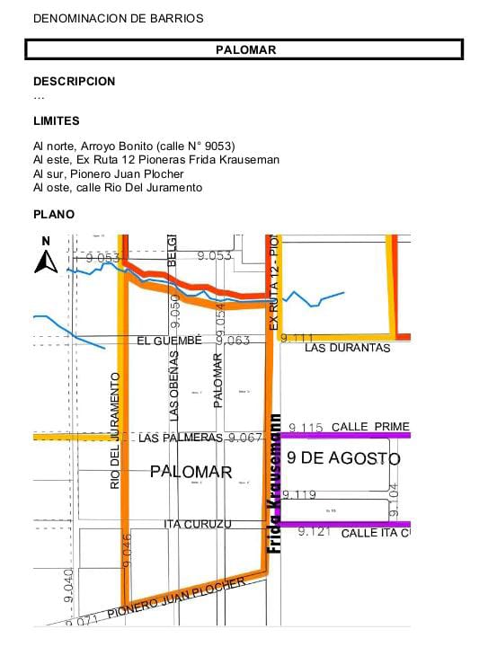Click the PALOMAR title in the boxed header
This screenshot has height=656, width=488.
245,49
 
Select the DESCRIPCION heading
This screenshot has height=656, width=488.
75,81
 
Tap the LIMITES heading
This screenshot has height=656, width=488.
57,120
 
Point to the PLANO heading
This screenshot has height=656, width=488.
54,215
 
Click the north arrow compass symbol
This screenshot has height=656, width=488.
46,257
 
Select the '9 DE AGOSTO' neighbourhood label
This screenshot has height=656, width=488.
343,458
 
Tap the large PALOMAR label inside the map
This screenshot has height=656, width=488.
191,472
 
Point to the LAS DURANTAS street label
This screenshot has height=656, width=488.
348,348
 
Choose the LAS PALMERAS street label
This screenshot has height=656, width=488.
180,438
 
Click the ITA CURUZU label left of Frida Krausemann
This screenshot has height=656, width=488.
198,524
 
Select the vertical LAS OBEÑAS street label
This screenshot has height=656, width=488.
174,385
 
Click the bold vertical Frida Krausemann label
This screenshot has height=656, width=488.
275,483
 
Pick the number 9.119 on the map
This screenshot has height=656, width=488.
299,495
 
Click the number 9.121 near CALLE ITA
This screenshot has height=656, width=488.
315,532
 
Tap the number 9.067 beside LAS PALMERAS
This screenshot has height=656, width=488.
244,438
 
